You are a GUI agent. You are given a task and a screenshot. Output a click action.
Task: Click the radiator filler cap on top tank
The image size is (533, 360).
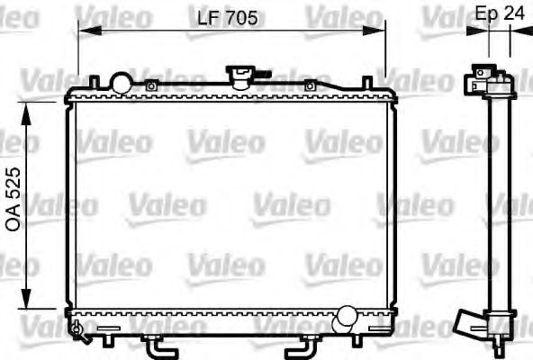[240, 75]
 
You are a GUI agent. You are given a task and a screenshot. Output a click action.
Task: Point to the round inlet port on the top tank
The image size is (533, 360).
[120, 82]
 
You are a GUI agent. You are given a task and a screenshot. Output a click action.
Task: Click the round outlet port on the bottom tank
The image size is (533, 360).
[345, 317]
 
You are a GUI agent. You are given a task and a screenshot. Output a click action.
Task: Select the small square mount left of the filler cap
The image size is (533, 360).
[152, 86]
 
